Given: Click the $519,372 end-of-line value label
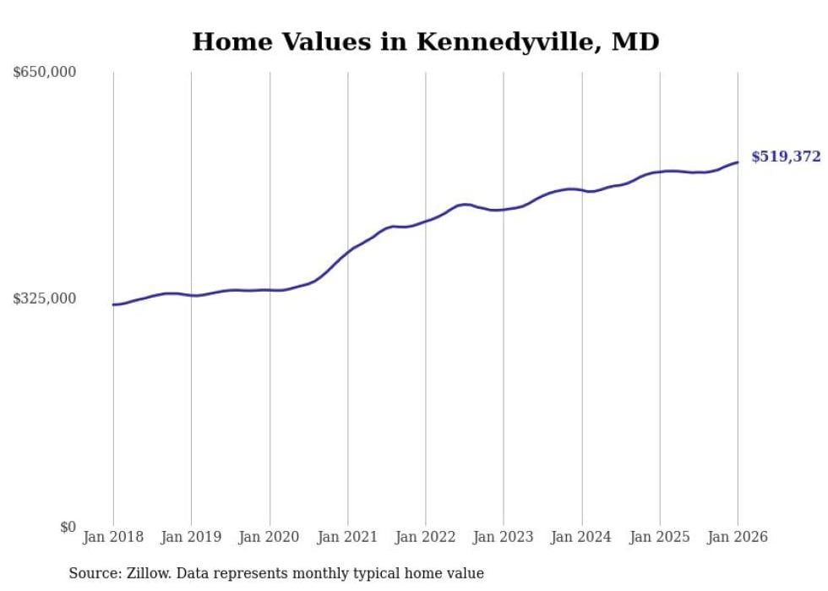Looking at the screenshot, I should tap(785, 156).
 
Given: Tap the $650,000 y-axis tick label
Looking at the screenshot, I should tap(44, 72).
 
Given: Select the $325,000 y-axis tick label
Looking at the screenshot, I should tap(44, 298).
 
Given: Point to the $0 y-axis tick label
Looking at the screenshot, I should tap(67, 527).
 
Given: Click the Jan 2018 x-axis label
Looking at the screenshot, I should tap(113, 537).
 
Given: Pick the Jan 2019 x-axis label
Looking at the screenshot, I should tap(191, 537).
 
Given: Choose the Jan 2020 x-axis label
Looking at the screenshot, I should tap(270, 537).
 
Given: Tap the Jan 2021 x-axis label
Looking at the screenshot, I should tap(347, 537).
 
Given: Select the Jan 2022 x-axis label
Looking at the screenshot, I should tap(426, 537).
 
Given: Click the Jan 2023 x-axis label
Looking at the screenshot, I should tap(504, 537).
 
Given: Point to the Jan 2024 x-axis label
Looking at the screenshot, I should tap(581, 537).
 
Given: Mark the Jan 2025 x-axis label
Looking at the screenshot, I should tap(660, 537).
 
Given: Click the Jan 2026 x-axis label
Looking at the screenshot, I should tap(738, 537).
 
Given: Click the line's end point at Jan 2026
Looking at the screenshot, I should tap(738, 162).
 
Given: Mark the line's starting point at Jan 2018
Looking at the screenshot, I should tap(113, 304).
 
